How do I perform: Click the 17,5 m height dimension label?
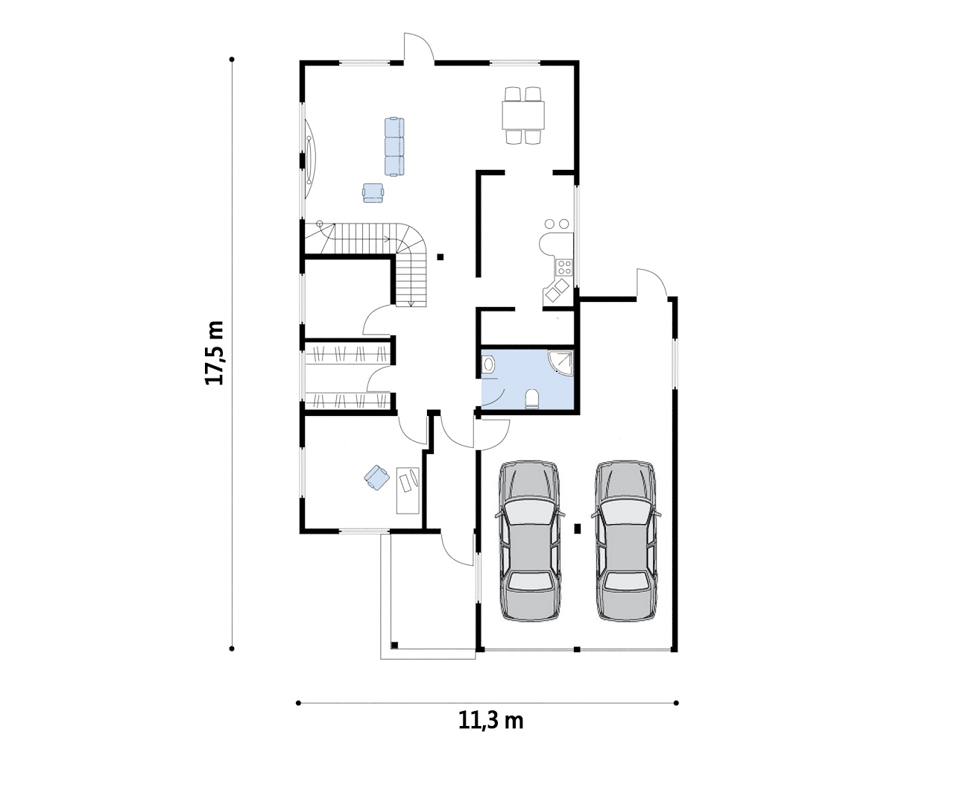215,353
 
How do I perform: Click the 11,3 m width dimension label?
490,721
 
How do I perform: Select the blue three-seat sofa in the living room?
394,147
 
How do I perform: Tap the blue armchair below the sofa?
373,193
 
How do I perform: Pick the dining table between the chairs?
523,116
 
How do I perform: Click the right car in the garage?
626,541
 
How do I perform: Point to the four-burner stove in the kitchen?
564,268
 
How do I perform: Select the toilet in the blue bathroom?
532,399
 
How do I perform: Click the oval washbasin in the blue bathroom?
488,364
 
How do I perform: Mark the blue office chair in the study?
376,478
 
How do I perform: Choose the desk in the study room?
408,490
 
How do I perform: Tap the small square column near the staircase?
440,257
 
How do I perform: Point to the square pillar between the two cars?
578,528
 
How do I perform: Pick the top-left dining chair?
513,94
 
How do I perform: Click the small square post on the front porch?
394,645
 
